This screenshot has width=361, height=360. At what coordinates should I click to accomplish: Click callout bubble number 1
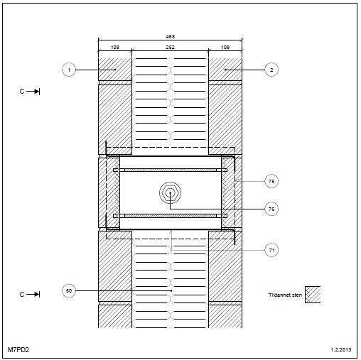click(69, 70)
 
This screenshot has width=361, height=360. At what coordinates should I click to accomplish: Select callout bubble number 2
click(271, 70)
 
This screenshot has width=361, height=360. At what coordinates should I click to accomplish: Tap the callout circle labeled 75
click(271, 181)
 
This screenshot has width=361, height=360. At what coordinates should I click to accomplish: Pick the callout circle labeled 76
click(271, 209)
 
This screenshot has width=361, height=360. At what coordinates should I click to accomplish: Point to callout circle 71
click(271, 250)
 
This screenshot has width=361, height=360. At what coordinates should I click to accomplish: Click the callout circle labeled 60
click(69, 290)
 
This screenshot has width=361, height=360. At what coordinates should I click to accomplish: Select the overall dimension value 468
click(170, 37)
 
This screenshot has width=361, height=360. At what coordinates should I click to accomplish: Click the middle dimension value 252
click(170, 48)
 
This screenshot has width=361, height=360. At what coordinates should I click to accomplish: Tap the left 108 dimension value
click(115, 48)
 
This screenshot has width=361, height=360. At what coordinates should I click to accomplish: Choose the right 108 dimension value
click(225, 48)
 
